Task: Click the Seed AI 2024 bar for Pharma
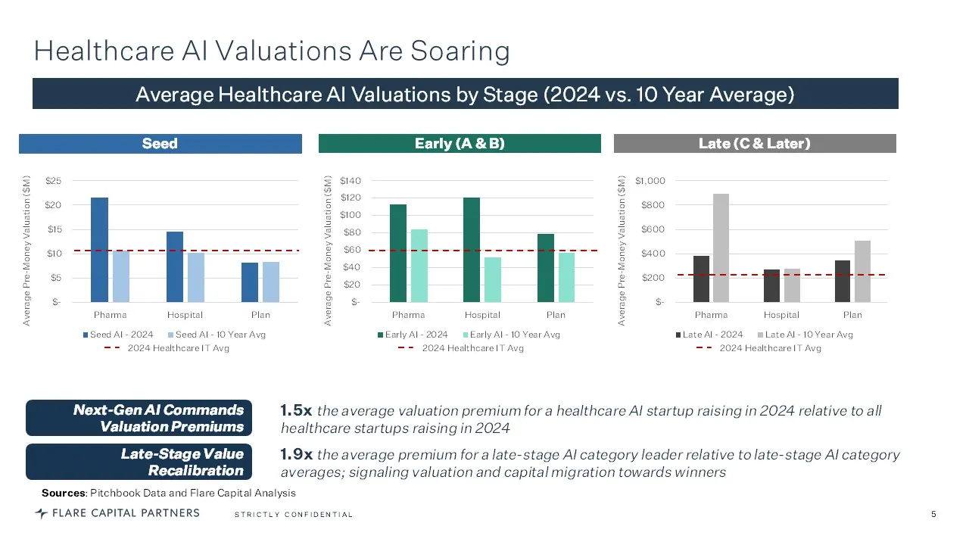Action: tap(99, 250)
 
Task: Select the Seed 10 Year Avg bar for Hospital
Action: tap(196, 277)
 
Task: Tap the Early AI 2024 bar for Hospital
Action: tap(472, 250)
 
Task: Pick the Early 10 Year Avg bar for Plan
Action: tap(566, 277)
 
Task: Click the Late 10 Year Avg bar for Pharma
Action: tap(721, 248)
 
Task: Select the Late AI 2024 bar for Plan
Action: tap(842, 281)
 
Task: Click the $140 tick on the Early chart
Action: tap(351, 181)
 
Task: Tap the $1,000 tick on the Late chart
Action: tap(650, 181)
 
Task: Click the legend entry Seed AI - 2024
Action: tap(121, 335)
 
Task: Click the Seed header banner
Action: tap(160, 144)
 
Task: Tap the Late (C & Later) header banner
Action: tap(754, 144)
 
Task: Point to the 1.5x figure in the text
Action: tap(296, 411)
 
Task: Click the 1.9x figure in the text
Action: tap(296, 455)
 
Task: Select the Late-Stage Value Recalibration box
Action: tap(139, 462)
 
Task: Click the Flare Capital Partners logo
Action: tap(117, 513)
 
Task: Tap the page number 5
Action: tap(933, 515)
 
